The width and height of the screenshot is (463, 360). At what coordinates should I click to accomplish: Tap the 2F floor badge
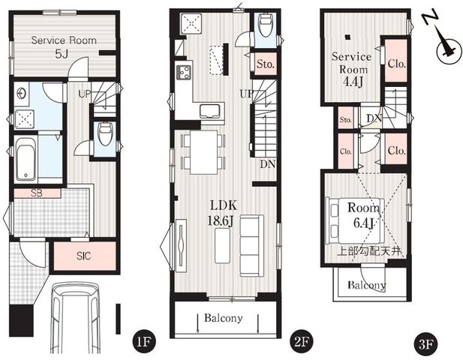tap(302, 342)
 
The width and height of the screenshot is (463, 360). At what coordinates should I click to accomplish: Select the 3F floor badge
tap(426, 344)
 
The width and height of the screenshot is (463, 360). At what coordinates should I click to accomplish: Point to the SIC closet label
tap(84, 256)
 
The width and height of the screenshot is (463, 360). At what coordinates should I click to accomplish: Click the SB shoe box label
tap(37, 193)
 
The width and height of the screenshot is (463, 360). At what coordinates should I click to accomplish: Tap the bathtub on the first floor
tap(26, 159)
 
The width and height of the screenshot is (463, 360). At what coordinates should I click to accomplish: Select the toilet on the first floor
tap(104, 133)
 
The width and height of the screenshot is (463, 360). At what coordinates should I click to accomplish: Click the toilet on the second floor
tap(265, 25)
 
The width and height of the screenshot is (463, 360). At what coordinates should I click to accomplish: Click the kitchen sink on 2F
tap(209, 111)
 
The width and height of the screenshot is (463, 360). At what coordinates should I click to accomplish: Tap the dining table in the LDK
tap(204, 152)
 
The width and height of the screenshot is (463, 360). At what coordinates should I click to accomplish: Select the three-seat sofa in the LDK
tap(251, 246)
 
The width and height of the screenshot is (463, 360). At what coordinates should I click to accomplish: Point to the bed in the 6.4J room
tap(354, 220)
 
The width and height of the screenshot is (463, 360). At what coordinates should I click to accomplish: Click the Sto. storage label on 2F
tap(266, 64)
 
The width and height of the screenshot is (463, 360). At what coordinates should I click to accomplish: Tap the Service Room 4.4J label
tap(351, 69)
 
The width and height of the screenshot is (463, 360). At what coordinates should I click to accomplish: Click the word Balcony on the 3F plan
tap(367, 285)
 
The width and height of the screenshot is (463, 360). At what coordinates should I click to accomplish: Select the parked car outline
tap(75, 318)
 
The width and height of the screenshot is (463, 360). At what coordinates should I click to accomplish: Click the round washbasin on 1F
tap(22, 94)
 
